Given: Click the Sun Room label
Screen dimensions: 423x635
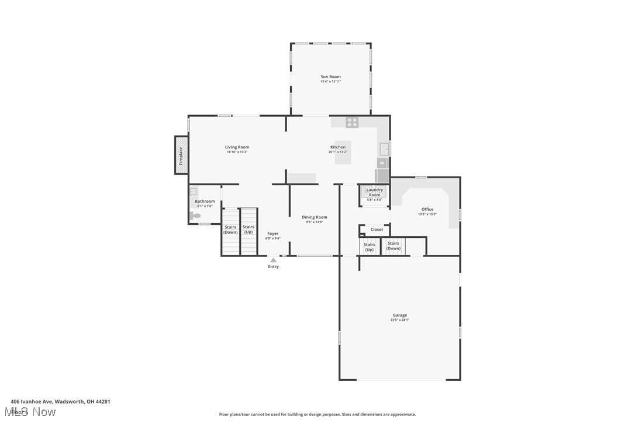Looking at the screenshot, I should (330, 77).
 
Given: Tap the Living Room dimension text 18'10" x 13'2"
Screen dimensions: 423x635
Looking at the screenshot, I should (237, 152).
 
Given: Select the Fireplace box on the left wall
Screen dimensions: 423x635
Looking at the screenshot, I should (181, 155).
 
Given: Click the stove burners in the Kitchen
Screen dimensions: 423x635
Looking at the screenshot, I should (352, 122).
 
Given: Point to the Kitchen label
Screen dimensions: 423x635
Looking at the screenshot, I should (338, 147).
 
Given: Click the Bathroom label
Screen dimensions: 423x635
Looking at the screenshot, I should (205, 202).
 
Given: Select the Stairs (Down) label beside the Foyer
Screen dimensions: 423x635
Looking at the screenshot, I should (230, 230).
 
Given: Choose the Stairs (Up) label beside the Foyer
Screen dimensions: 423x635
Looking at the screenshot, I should (249, 230).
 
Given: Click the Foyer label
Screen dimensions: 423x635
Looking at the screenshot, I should (272, 234).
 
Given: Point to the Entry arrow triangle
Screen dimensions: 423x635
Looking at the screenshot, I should (273, 260).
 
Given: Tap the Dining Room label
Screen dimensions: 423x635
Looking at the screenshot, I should (315, 217).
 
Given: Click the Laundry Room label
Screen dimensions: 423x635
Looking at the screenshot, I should (374, 192).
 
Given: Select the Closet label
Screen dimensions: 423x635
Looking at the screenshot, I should (377, 230).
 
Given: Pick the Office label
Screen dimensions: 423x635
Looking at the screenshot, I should (427, 209).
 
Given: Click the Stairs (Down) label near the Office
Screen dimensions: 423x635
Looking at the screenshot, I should (394, 245).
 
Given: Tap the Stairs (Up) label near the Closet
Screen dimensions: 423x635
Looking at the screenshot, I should (370, 247).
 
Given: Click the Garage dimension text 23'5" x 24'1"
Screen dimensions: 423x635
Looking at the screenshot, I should (400, 320).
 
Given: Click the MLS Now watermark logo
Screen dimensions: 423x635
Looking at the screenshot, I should (34, 412).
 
